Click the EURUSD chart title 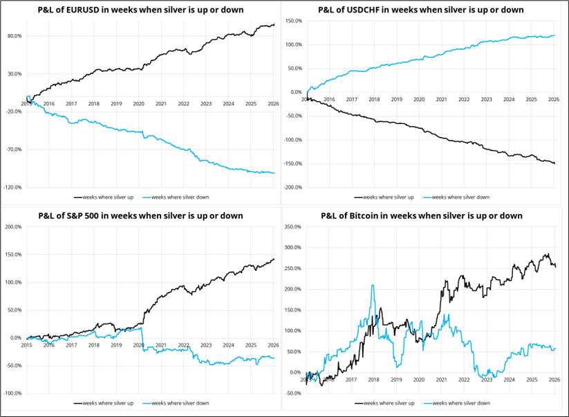142,10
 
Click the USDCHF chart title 421,10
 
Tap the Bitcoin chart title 422,215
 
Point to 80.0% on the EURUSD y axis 13,36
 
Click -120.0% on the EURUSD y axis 13,187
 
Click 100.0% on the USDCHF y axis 292,45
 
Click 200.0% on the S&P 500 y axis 13,227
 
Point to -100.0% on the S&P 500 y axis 13,393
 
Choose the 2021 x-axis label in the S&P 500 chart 160,344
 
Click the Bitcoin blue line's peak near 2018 373,285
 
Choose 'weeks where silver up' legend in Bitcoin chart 385,402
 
